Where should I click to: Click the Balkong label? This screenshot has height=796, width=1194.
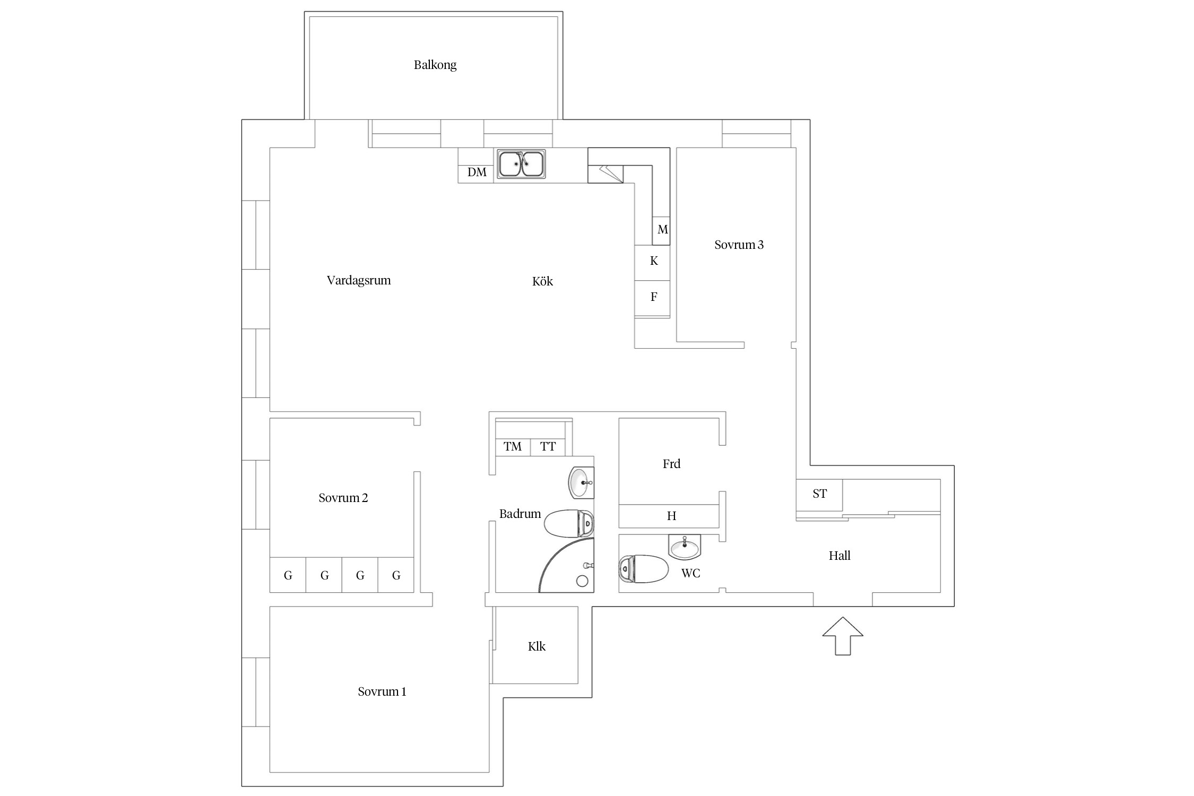tap(435, 65)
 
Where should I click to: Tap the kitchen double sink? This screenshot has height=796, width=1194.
tap(521, 164)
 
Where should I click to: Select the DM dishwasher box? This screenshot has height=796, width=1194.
tap(476, 172)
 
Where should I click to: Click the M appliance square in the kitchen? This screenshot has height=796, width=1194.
tap(661, 230)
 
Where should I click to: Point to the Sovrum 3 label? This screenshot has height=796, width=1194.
tap(739, 245)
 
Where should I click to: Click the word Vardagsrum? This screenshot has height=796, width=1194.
tap(359, 281)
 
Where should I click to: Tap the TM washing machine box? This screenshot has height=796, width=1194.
tap(513, 447)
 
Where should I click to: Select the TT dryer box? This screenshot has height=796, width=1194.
tap(548, 447)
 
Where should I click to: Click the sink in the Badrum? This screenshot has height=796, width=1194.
tap(581, 482)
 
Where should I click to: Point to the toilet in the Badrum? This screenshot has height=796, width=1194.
tap(569, 524)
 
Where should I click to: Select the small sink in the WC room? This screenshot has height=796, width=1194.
tap(685, 547)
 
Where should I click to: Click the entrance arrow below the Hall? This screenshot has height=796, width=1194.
tap(843, 636)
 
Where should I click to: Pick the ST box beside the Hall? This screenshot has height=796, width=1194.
tap(819, 495)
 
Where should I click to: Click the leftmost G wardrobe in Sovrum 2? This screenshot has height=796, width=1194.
tap(288, 575)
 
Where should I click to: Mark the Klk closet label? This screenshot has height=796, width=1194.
tap(537, 646)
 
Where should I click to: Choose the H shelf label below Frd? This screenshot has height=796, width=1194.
tap(671, 516)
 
